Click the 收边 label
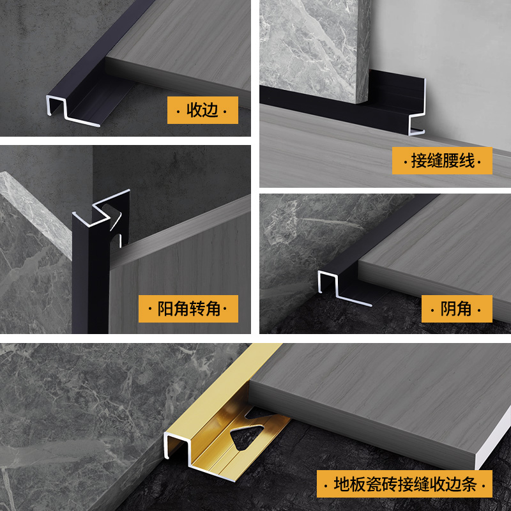pyautogui.click(x=202, y=110)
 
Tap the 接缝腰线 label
pyautogui.click(x=442, y=161)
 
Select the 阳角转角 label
pyautogui.click(x=188, y=309)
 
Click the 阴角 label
pyautogui.click(x=457, y=309)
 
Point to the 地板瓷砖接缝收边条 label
pyautogui.click(x=404, y=484)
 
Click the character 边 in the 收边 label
pyautogui.click(x=211, y=110)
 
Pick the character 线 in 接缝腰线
pyautogui.click(x=466, y=161)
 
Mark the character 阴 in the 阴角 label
pyautogui.click(x=448, y=309)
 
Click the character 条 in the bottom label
pyautogui.click(x=469, y=484)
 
